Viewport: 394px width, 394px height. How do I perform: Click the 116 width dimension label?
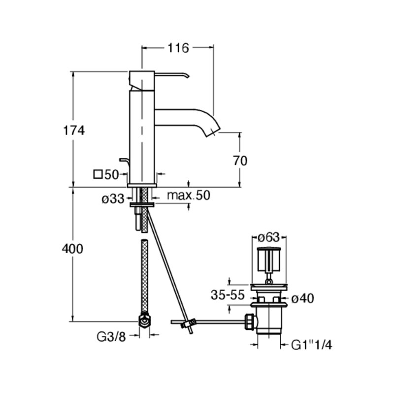coord(178,48)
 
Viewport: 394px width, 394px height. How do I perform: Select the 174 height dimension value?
coord(73,131)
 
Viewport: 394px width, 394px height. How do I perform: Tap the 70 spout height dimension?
coord(240,161)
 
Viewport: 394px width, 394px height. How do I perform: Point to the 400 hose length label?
coord(72,249)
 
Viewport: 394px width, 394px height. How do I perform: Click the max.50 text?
coord(189,195)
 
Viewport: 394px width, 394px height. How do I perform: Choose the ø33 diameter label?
coord(113,199)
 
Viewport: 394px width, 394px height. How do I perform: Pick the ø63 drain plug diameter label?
coord(269,237)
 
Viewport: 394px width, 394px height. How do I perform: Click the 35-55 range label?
coord(228,295)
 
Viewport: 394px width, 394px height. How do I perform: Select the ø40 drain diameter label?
coord(302,298)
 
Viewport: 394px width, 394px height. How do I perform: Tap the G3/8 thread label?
coord(111,337)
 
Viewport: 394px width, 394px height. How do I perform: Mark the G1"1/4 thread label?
coord(312,345)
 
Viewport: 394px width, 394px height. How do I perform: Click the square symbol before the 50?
coord(98,174)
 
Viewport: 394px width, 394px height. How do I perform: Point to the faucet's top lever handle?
coord(171,75)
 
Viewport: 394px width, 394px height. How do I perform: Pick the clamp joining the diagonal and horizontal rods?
coord(189,324)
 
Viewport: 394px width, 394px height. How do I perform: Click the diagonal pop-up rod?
coord(170,271)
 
